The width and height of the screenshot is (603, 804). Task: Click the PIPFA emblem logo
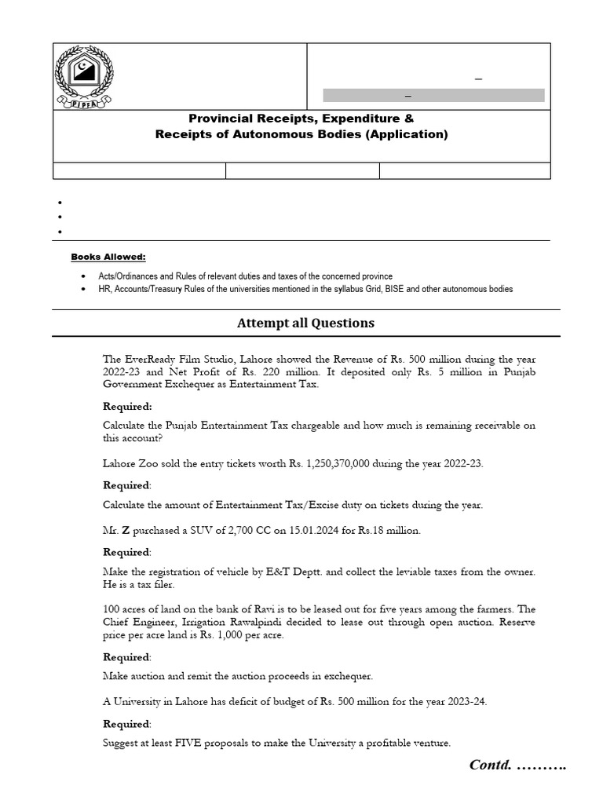coord(84,77)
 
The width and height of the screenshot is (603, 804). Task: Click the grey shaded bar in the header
coord(433,95)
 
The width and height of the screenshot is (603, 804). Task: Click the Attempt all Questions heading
coord(305,323)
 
